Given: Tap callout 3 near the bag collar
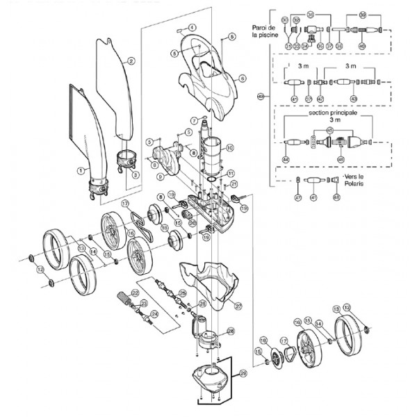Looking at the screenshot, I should pyautogui.click(x=134, y=175).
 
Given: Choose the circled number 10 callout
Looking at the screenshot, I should pyautogui.click(x=230, y=147).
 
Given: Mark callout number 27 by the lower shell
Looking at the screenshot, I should pyautogui.click(x=238, y=305).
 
